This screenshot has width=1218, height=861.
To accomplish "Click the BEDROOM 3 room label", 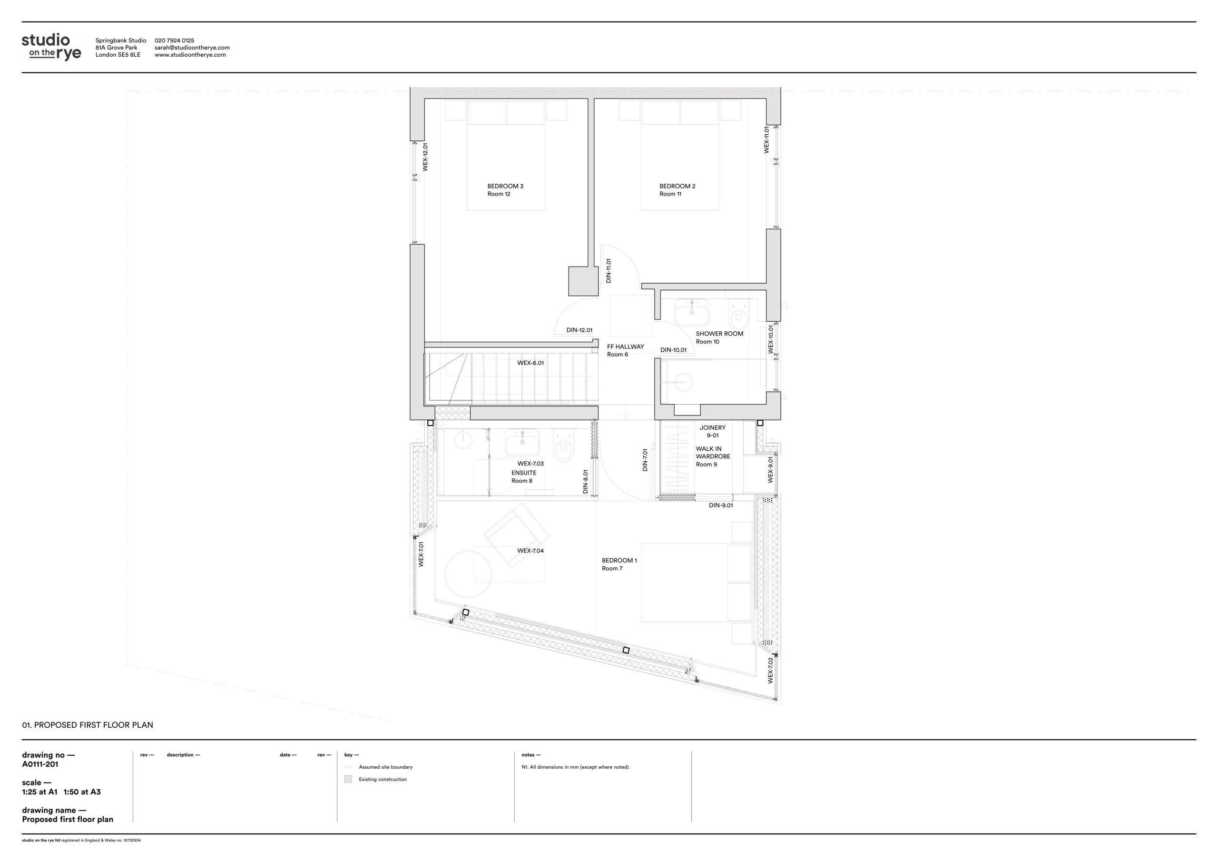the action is (x=505, y=190).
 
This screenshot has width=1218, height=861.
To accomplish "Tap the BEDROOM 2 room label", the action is (x=677, y=190).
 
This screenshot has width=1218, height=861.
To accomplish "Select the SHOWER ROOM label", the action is (x=719, y=337).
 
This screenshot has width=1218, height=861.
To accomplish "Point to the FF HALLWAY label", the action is (x=626, y=350).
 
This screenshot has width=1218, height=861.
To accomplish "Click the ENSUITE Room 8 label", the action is (x=523, y=477).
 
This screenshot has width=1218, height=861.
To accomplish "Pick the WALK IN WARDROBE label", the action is (x=713, y=456).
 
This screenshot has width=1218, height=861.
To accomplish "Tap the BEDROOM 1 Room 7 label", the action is (x=619, y=564).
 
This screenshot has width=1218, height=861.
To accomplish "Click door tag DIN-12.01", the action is (x=580, y=330).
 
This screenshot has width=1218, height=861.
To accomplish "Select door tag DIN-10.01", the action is (x=673, y=350).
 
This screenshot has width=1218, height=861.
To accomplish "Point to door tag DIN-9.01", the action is (x=721, y=505).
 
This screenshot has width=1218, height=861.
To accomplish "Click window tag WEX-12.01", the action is (x=425, y=157).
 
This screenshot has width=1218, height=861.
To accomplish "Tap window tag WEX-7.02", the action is (x=770, y=670).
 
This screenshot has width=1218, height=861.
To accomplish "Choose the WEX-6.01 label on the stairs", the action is (x=530, y=363).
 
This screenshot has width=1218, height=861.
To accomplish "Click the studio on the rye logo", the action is (x=51, y=47).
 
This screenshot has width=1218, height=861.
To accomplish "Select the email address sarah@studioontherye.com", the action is (x=192, y=48).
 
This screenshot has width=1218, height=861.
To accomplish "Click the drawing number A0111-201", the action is (x=40, y=764).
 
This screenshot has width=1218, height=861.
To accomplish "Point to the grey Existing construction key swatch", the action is (x=348, y=779).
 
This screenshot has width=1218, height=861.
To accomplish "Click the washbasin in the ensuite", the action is (x=522, y=442).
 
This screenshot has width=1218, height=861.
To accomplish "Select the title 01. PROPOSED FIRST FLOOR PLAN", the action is (x=88, y=725).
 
